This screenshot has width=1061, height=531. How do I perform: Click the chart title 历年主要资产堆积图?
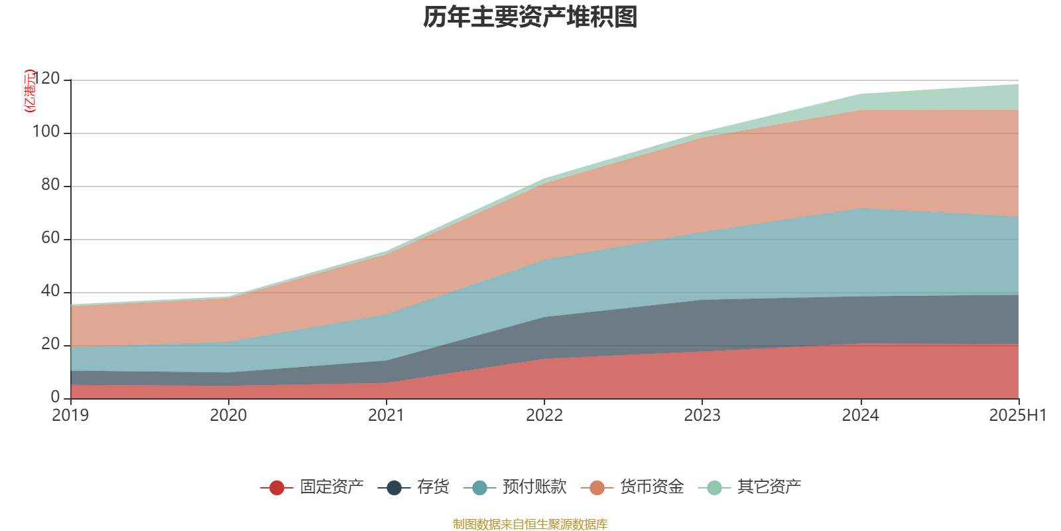click(530, 17)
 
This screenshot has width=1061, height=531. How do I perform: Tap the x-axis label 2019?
click(71, 416)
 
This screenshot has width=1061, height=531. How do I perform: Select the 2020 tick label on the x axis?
click(229, 416)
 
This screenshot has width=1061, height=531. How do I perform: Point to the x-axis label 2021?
click(387, 416)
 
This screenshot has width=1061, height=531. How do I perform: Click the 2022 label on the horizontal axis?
click(544, 416)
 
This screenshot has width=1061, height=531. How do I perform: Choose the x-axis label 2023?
click(702, 416)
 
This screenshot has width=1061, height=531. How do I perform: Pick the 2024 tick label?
click(860, 416)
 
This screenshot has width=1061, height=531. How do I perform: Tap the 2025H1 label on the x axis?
click(1017, 416)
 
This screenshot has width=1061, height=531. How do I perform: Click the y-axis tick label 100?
click(46, 132)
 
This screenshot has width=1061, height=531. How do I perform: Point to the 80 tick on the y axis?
click(50, 185)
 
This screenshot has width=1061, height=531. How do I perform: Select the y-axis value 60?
click(50, 238)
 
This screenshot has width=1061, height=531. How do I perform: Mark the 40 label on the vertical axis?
click(50, 291)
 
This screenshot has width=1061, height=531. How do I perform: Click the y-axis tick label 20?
click(50, 344)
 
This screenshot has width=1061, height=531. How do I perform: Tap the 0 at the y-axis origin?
click(55, 398)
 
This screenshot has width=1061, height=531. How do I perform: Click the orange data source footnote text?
click(530, 524)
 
